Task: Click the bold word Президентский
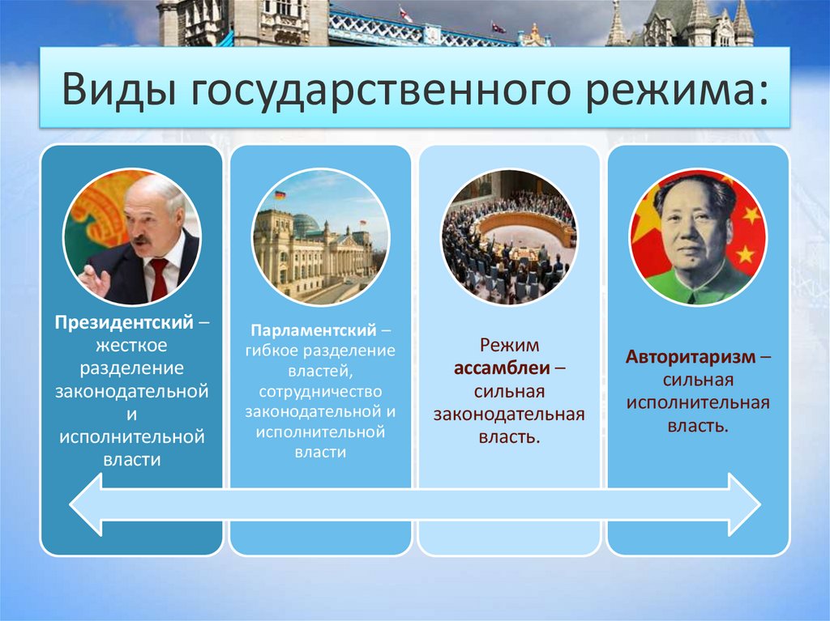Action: click(124, 321)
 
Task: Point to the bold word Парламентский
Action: click(313, 331)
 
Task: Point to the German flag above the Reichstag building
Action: click(280, 195)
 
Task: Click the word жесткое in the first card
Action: click(131, 345)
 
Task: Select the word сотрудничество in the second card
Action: click(319, 391)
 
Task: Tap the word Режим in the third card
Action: click(509, 346)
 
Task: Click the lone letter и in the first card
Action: click(131, 415)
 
